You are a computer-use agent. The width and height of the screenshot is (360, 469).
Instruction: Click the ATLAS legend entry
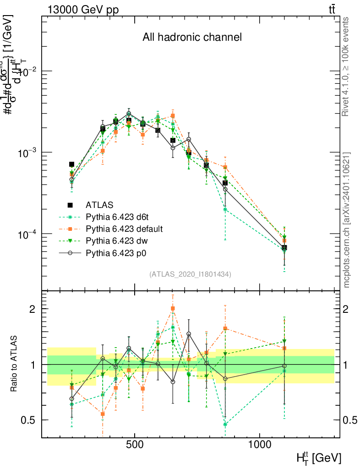click(x=98, y=205)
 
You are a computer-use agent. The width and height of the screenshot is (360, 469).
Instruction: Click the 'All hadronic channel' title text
click(x=192, y=37)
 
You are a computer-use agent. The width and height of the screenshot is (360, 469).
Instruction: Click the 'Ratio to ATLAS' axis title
click(x=15, y=364)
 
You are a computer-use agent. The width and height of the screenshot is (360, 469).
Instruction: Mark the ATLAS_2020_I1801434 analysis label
click(x=190, y=274)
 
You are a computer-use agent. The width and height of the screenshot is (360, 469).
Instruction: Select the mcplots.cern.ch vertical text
click(x=346, y=220)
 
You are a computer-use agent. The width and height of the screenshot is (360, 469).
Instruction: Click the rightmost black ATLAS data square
click(x=284, y=247)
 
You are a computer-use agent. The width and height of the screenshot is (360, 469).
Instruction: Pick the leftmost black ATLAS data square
click(x=71, y=164)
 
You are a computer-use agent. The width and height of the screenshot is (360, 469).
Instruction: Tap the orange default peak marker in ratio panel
click(x=173, y=309)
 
